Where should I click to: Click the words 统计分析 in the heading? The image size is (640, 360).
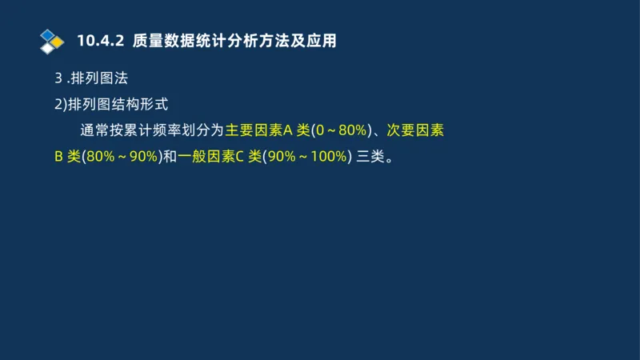point(221,40)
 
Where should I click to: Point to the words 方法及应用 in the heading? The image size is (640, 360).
point(295,40)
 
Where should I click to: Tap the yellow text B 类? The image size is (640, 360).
point(67,157)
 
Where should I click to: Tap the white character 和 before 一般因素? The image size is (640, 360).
point(170,157)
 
